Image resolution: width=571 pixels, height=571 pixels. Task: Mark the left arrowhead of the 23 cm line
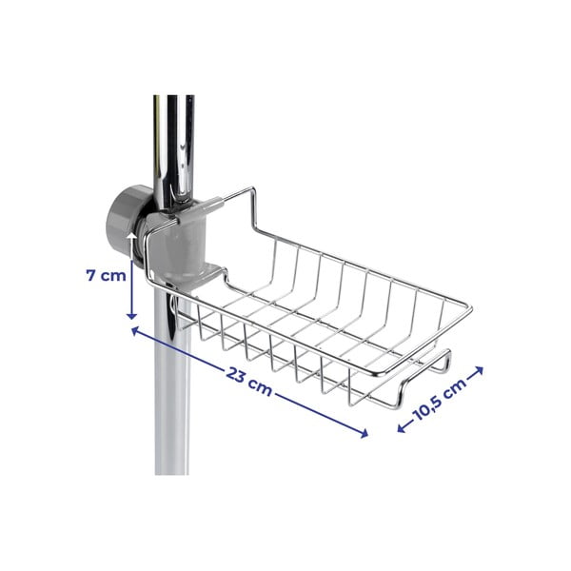click(131, 330)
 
